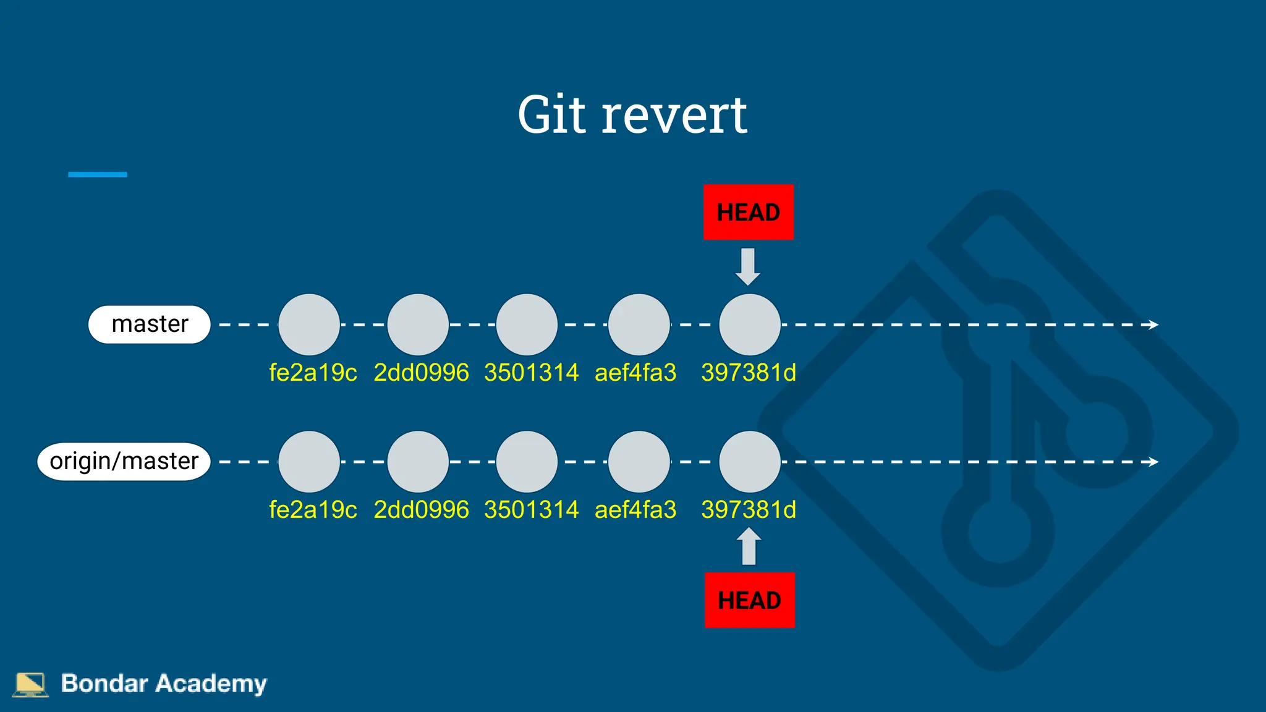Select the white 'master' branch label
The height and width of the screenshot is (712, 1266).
click(150, 324)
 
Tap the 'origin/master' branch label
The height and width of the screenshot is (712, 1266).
click(124, 462)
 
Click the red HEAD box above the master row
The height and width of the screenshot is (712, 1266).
click(748, 212)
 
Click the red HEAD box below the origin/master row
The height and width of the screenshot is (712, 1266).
click(749, 600)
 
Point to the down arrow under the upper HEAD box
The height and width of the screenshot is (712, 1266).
click(748, 266)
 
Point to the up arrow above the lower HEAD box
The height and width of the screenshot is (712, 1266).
click(749, 546)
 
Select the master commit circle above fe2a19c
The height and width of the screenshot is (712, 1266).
click(309, 324)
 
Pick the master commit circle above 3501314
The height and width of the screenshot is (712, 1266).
click(527, 324)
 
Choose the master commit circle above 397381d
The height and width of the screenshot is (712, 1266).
click(750, 324)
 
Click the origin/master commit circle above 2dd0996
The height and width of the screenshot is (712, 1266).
click(418, 462)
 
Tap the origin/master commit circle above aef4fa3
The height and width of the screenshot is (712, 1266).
click(639, 462)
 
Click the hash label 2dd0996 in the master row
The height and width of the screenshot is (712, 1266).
click(421, 373)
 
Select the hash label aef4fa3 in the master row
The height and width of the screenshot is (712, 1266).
click(635, 373)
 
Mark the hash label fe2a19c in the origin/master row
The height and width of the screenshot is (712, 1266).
click(313, 510)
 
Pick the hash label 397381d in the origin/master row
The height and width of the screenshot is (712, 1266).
click(749, 510)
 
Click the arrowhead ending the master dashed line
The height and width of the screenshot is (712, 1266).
click(1153, 324)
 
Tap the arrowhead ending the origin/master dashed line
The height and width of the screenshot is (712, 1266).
click(1153, 462)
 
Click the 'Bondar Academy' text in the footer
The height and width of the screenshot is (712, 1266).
click(164, 684)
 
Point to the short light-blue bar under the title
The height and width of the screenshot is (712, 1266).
click(98, 175)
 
